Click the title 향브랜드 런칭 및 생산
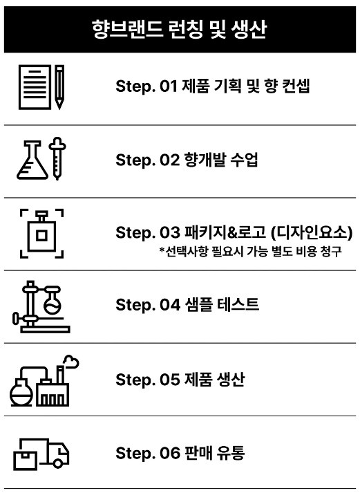click(x=179, y=29)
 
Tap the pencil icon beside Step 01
click(x=59, y=87)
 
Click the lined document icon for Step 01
click(x=35, y=87)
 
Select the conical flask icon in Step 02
click(x=32, y=160)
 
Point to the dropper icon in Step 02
click(x=57, y=159)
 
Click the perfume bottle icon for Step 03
click(x=41, y=233)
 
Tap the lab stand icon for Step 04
click(x=41, y=307)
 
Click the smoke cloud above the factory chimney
click(x=71, y=362)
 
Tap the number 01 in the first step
click(x=169, y=86)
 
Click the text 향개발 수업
click(x=221, y=160)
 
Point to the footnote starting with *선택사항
click(x=251, y=251)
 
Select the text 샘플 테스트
click(x=222, y=304)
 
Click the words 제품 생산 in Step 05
click(x=213, y=380)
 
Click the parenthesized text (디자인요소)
click(x=312, y=232)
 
